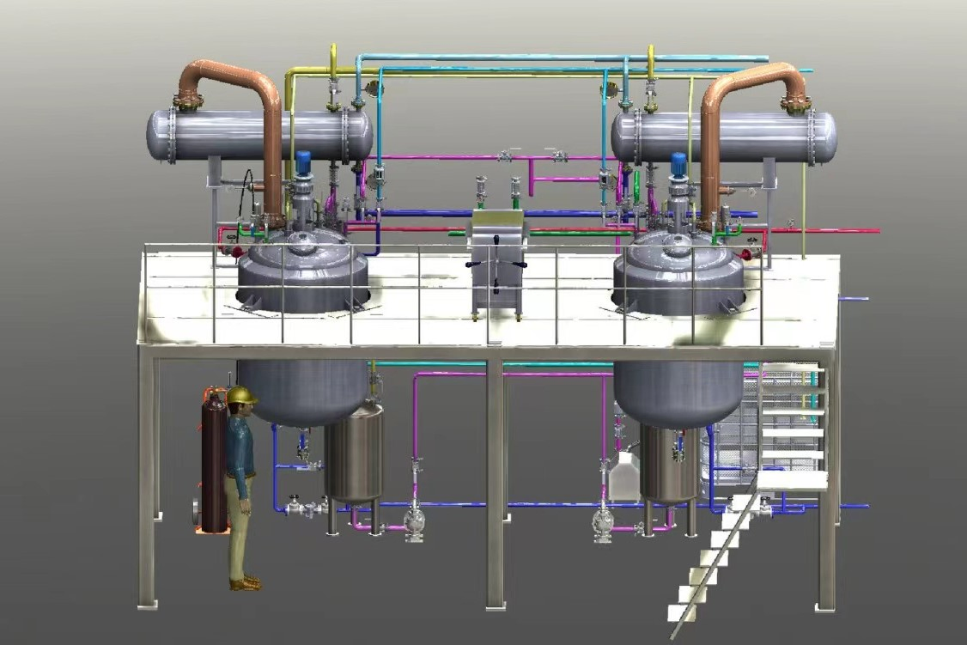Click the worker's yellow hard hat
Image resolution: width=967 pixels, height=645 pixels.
[x=242, y=395]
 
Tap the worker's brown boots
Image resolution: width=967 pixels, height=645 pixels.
[x=245, y=583]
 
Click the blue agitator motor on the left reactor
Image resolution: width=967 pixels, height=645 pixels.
[x=302, y=161]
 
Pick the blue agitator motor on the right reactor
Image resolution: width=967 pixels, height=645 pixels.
[x=678, y=161]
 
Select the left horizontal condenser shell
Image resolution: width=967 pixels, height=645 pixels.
[x=258, y=136]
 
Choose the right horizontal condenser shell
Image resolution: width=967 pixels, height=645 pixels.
[x=726, y=137]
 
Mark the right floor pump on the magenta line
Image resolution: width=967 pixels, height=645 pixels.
[x=602, y=523]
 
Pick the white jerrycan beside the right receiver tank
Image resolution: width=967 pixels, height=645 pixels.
[x=623, y=478]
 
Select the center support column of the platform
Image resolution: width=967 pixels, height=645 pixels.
[x=495, y=481]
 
